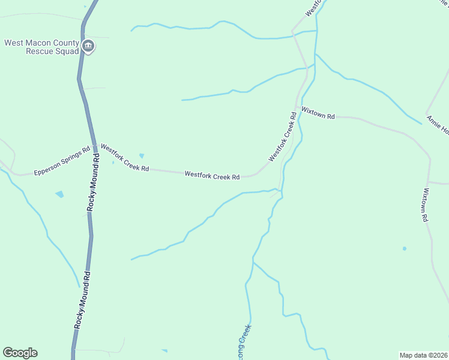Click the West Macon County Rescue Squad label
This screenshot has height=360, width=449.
point(41,47)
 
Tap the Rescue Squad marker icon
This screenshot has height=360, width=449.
point(88,46)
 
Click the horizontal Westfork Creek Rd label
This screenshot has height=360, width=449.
point(212,176)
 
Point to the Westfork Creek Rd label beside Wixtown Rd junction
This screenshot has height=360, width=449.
point(283,137)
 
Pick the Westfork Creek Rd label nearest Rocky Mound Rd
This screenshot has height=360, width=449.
point(125,157)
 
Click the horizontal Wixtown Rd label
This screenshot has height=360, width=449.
point(318,113)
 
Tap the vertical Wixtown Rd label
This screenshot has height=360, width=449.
point(425,205)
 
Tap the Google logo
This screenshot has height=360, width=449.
point(20,353)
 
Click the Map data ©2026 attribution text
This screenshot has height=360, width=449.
point(423,355)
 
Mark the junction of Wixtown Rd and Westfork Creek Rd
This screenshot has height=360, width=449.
point(297,109)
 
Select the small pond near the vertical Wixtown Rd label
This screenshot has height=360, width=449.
point(405,248)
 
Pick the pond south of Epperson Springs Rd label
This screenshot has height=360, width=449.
point(59,194)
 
